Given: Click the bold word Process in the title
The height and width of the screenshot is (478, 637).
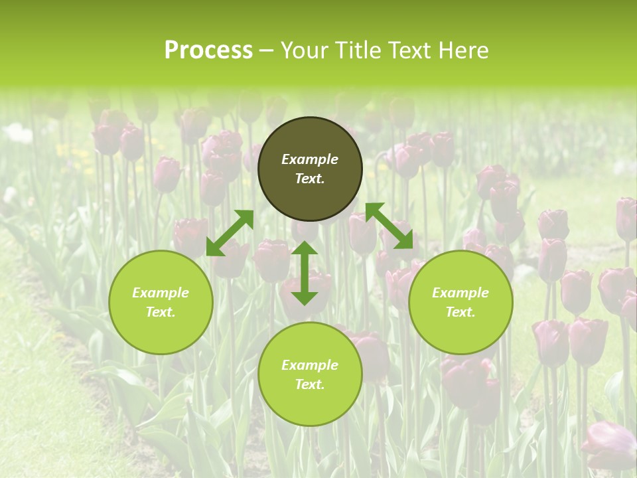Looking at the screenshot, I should pyautogui.click(x=208, y=50).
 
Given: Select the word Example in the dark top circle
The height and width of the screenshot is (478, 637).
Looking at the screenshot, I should pyautogui.click(x=310, y=159).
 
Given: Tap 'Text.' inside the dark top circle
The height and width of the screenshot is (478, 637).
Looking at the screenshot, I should pyautogui.click(x=310, y=179).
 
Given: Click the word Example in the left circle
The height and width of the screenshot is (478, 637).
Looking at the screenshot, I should pyautogui.click(x=161, y=293).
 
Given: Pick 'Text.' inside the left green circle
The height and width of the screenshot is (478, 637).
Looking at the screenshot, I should pyautogui.click(x=161, y=312).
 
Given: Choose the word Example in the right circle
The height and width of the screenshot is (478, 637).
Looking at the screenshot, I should pyautogui.click(x=460, y=293).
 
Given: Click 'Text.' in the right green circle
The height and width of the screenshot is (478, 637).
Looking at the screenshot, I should pyautogui.click(x=460, y=312).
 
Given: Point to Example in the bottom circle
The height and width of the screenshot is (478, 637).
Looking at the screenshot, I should pyautogui.click(x=310, y=365).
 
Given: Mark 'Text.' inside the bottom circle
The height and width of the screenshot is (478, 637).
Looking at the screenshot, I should pyautogui.click(x=310, y=384).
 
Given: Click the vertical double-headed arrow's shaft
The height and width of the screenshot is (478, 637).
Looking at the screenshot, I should pyautogui.click(x=305, y=273).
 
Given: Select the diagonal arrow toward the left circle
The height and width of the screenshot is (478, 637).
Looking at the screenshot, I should pyautogui.click(x=230, y=233).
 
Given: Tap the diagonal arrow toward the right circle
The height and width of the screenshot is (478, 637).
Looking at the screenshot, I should pyautogui.click(x=389, y=226).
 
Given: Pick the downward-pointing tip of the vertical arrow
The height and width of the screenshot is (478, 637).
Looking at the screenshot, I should pyautogui.click(x=305, y=299).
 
